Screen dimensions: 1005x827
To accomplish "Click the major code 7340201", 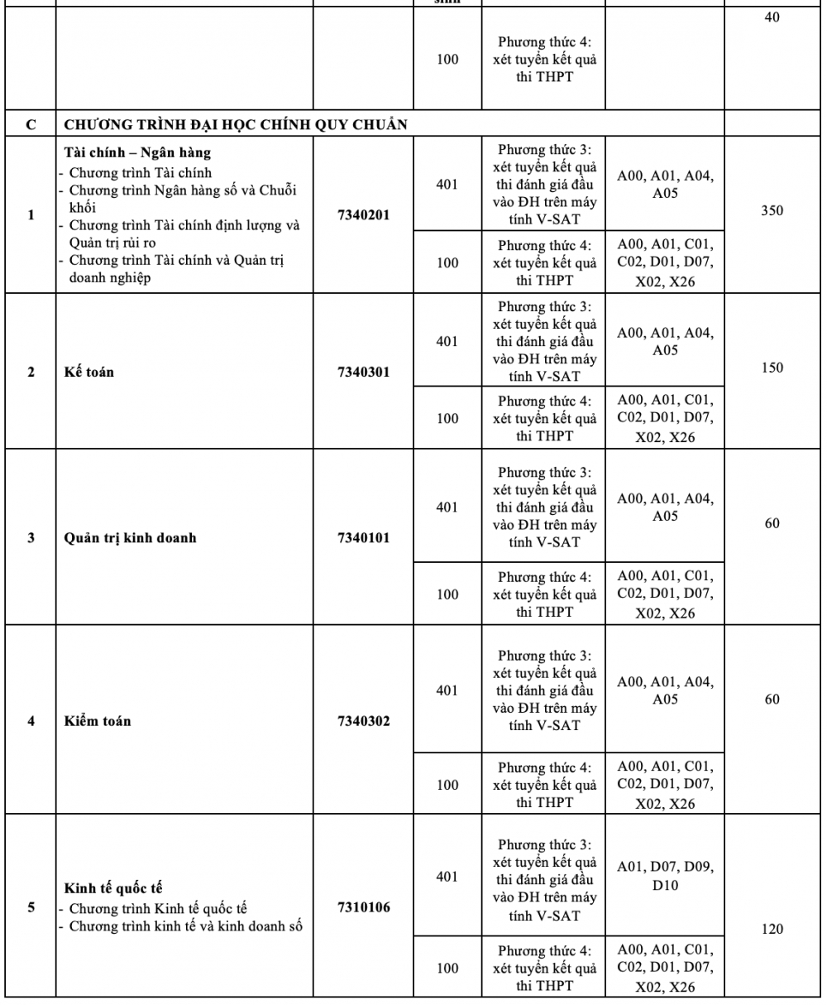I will (x=363, y=215).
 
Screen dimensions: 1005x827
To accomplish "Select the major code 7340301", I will (x=363, y=372).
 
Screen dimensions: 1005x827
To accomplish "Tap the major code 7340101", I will (x=363, y=537).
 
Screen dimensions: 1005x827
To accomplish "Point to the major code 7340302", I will (x=363, y=721).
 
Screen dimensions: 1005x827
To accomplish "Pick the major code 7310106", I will (x=363, y=907).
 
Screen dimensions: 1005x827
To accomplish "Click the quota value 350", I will (x=772, y=210).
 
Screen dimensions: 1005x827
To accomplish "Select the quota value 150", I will (x=772, y=368).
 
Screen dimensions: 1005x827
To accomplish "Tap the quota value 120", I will (x=772, y=929).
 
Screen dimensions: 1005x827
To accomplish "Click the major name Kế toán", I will (x=89, y=372).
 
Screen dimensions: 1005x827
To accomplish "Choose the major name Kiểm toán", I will (x=98, y=721).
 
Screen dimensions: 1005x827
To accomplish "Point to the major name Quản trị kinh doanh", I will (x=130, y=537).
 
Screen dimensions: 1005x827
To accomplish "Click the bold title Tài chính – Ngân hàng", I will (x=137, y=153).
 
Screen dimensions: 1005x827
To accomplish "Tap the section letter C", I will (x=31, y=125).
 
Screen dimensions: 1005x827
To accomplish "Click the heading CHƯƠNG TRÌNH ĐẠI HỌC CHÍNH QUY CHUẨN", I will (x=236, y=125).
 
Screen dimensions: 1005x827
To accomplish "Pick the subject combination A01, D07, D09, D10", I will (x=665, y=877).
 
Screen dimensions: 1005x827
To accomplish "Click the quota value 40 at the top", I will (x=772, y=17).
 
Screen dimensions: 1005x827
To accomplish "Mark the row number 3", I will (x=31, y=537).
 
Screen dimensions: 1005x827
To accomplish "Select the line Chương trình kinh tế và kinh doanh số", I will (x=185, y=926).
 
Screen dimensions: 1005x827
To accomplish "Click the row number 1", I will (x=31, y=215).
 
